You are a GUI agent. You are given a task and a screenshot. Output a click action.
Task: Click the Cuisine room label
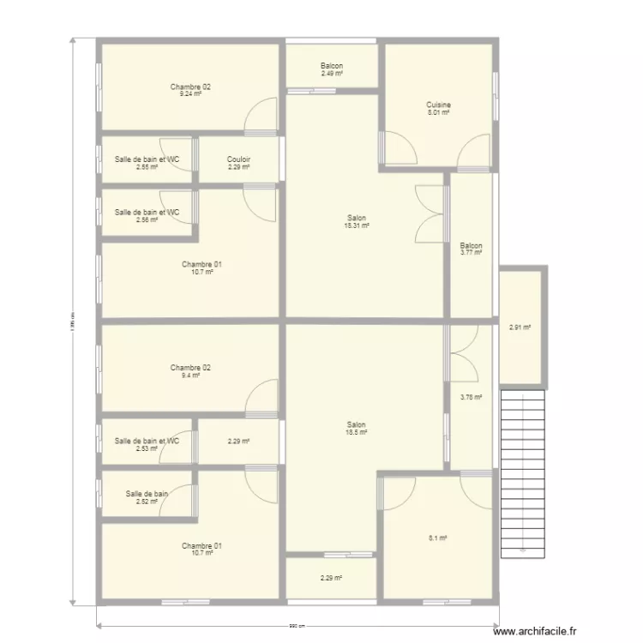tap(439, 105)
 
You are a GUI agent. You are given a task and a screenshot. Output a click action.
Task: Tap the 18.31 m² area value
tap(358, 225)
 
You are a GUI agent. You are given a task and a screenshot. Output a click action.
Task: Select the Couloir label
tap(239, 159)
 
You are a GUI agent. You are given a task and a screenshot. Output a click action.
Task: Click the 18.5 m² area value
tap(357, 433)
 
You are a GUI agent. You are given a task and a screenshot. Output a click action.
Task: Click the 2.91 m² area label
tap(520, 327)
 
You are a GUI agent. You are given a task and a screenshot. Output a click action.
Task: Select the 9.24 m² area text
tap(190, 94)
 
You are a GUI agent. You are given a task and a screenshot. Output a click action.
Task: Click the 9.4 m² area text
tap(190, 376)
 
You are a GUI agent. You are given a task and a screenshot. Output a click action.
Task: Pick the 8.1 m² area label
tap(438, 538)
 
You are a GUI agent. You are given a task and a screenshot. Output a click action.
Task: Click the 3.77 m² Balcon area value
tap(471, 253)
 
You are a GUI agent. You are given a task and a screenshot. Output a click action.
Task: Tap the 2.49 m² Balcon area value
tap(332, 74)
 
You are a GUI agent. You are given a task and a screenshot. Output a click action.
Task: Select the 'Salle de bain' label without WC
tap(147, 494)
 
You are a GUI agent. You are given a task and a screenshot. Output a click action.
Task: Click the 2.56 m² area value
tap(147, 219)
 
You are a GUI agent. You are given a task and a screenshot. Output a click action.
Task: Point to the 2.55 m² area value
tap(147, 167)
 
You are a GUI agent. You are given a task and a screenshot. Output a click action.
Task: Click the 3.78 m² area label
tap(471, 397)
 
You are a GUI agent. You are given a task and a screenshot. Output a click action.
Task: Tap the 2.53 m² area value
tap(147, 448)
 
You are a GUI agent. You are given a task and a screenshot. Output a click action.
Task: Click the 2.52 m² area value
tap(147, 502)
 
